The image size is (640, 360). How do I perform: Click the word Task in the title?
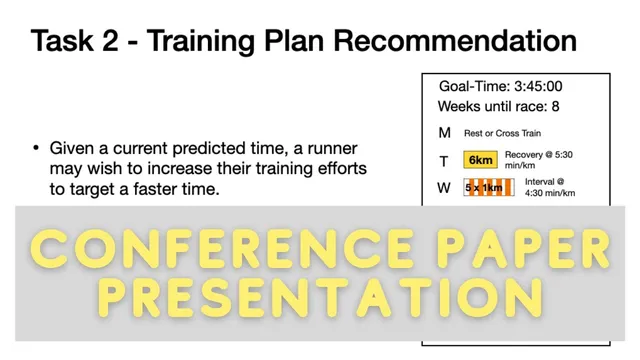(x=64, y=42)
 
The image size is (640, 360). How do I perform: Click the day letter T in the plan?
(x=445, y=159)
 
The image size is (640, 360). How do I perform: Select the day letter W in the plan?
(x=445, y=187)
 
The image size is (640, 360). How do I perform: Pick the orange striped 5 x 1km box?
(x=488, y=187)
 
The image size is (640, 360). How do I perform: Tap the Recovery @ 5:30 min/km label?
(x=563, y=160)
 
